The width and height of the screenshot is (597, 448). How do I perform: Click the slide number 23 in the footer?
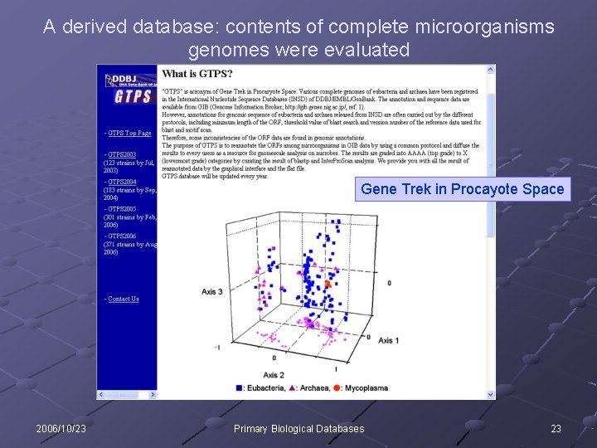click(x=556, y=429)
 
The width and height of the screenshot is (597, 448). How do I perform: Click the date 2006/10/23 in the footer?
click(x=61, y=429)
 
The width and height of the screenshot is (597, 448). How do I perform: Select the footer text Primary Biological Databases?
click(x=298, y=429)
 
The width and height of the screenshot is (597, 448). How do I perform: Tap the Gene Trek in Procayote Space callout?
click(x=462, y=189)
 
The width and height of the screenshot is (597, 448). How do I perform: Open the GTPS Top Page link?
click(x=129, y=133)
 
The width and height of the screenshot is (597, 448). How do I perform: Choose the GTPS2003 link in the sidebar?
click(x=122, y=154)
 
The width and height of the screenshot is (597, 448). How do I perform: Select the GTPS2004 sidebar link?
click(x=122, y=183)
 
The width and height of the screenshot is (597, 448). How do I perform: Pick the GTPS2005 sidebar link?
click(x=122, y=209)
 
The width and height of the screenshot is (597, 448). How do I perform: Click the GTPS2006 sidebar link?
click(x=122, y=236)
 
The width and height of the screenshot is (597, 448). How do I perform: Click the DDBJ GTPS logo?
click(x=129, y=88)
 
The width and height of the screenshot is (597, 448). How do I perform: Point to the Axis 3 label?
click(x=213, y=292)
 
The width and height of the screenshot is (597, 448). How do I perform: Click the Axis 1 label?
click(x=389, y=341)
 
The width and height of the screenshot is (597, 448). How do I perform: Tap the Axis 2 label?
click(x=274, y=375)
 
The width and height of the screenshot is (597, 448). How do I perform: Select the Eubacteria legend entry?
click(x=265, y=387)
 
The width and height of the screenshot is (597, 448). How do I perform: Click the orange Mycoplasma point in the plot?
click(x=328, y=284)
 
